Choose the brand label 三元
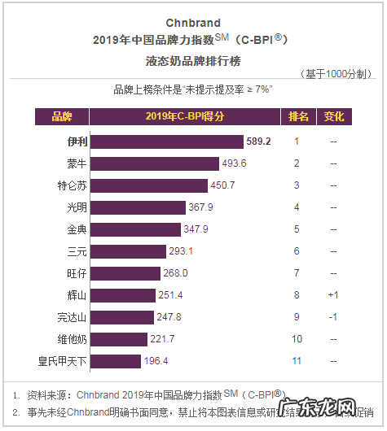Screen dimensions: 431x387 point(77,251)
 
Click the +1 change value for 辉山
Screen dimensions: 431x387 point(333,294)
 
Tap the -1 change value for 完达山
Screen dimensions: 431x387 point(333,316)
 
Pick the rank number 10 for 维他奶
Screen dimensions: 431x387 point(297,338)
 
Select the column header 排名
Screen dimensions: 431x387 point(297,116)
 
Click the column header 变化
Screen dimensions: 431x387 point(333,116)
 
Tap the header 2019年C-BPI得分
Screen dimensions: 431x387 point(183,116)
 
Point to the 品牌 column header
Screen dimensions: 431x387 point(62,116)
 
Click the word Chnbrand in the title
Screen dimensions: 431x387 point(193,22)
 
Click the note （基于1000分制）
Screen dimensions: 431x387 point(336,74)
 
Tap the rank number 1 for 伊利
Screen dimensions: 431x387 point(297,141)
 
